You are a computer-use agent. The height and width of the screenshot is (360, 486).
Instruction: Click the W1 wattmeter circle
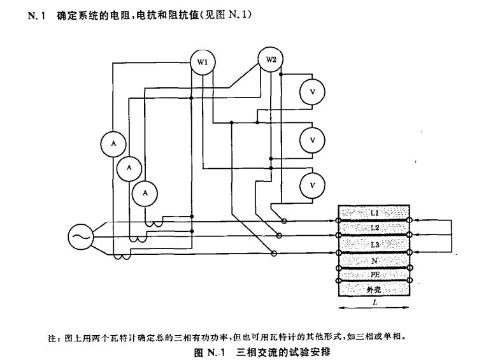click(x=202, y=62)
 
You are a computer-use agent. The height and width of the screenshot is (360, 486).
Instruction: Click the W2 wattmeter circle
click(x=271, y=60)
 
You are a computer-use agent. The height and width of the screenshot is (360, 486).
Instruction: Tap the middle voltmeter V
click(x=313, y=138)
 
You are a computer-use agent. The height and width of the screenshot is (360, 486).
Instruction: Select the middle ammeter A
click(x=129, y=168)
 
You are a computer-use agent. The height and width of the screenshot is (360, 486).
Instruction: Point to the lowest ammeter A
click(x=145, y=192)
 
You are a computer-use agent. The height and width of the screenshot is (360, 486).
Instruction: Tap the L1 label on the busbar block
click(x=374, y=211)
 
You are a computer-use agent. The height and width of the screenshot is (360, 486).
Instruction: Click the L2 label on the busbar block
click(x=374, y=227)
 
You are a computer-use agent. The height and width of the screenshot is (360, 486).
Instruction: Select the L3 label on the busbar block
click(x=374, y=245)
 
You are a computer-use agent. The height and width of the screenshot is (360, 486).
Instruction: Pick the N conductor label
click(x=374, y=261)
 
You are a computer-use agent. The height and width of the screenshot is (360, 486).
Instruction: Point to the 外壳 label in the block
click(x=374, y=289)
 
